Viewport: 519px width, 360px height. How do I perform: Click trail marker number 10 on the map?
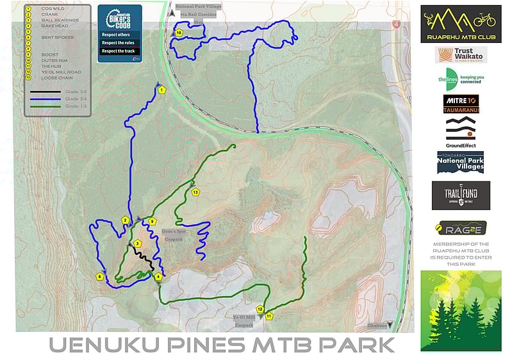[179, 33]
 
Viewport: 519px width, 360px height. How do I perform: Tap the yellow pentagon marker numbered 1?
[162, 90]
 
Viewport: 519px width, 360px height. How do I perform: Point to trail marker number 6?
[99, 277]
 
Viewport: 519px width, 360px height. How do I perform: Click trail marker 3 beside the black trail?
[137, 243]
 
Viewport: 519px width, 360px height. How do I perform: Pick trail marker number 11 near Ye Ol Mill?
[269, 316]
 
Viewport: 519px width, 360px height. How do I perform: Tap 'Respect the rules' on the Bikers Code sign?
[118, 42]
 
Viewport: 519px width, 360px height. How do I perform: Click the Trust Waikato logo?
[461, 55]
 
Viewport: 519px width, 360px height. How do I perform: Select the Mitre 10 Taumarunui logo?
[461, 104]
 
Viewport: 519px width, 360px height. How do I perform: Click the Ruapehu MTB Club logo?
[461, 24]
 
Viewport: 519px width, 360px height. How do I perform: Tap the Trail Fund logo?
[461, 195]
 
